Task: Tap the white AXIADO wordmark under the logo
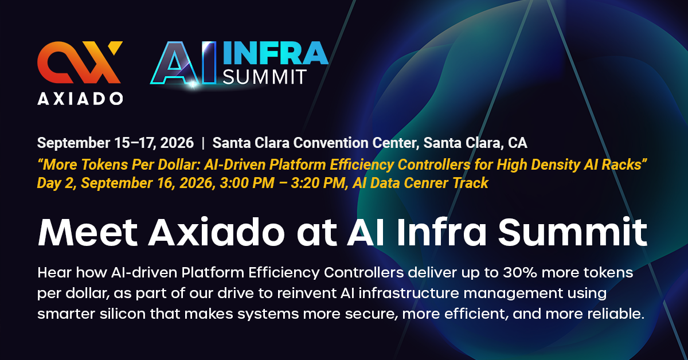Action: click(x=80, y=99)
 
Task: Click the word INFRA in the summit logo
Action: click(x=276, y=53)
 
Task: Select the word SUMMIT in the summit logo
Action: click(x=264, y=76)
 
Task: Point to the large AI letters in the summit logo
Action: click(x=183, y=63)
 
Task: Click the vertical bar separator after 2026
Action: click(x=203, y=143)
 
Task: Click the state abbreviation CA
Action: click(x=518, y=143)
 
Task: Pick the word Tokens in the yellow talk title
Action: click(x=104, y=165)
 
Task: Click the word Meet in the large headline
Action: click(x=88, y=232)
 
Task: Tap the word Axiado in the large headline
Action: click(x=217, y=232)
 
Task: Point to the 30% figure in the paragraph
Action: click(x=519, y=273)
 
